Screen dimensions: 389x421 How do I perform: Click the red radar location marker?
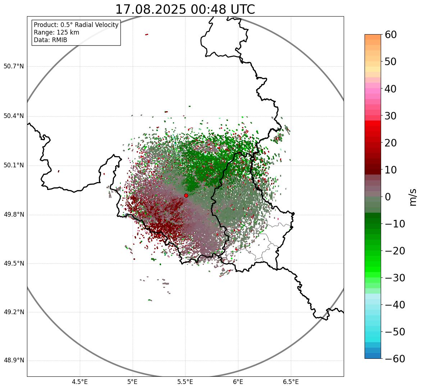[x=186, y=195]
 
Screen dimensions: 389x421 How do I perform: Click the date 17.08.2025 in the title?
[x=150, y=10]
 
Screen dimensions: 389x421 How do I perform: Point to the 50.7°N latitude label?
[x=14, y=67]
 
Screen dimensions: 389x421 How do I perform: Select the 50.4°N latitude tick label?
[x=14, y=116]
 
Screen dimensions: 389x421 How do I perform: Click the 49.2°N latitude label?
[x=14, y=312]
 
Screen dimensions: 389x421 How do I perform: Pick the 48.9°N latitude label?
[x=14, y=361]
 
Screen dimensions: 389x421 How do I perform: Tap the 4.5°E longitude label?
[x=80, y=382]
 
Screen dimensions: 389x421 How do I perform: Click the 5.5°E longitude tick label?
[x=185, y=382]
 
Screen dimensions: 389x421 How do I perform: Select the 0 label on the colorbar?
[x=388, y=197]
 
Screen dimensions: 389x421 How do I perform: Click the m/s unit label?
[x=413, y=197]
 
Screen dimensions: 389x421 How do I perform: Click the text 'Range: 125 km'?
[x=56, y=32]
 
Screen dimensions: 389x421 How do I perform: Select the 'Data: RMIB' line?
[x=50, y=40]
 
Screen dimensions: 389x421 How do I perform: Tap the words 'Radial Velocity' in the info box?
[x=97, y=25]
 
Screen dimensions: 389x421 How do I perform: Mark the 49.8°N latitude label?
[x=14, y=215]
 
